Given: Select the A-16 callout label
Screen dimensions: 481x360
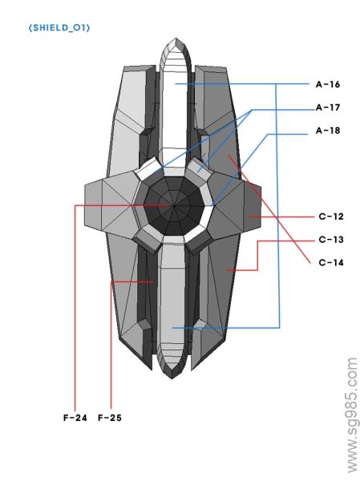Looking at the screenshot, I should point(328,83).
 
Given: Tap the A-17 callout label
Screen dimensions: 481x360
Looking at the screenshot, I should point(328,107).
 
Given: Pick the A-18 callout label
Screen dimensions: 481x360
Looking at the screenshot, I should point(328,130).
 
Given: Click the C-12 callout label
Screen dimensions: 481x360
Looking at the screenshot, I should point(331,216).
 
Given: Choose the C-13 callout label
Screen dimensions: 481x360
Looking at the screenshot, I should point(331,239).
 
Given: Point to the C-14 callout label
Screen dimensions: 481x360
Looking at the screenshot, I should point(331,262).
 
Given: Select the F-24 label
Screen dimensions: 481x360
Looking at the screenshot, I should point(75,418).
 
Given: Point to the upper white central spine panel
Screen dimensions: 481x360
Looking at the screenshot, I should point(177,112).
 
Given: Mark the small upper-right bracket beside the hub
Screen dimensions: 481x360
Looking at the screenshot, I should point(204,169).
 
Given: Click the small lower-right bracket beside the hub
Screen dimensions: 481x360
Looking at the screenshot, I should point(201,240).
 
